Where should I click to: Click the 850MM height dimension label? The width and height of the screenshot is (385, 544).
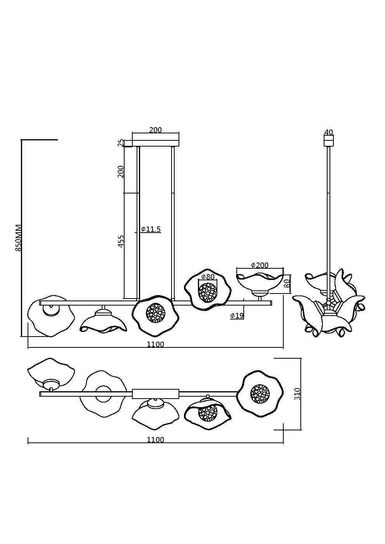point(18,238)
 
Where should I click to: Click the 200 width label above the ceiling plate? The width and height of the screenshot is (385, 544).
point(155,130)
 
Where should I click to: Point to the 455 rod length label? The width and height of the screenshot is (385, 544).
point(121,241)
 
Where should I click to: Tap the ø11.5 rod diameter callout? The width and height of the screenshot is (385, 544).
point(151,230)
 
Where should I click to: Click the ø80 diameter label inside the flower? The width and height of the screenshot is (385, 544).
point(208,277)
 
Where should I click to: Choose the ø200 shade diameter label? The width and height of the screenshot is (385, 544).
point(260,265)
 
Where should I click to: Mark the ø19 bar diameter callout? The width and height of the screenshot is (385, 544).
point(237,316)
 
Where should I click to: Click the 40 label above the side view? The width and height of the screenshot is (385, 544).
point(328,132)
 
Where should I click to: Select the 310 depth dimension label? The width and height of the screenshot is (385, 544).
point(298,394)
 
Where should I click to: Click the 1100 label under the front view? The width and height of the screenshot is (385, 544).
point(155,344)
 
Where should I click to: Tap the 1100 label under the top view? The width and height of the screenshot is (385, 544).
point(155,440)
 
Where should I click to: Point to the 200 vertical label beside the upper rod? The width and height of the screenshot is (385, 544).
point(121,171)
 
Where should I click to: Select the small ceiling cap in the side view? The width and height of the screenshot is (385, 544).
point(328,141)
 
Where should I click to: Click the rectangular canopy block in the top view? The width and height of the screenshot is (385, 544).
point(155,394)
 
